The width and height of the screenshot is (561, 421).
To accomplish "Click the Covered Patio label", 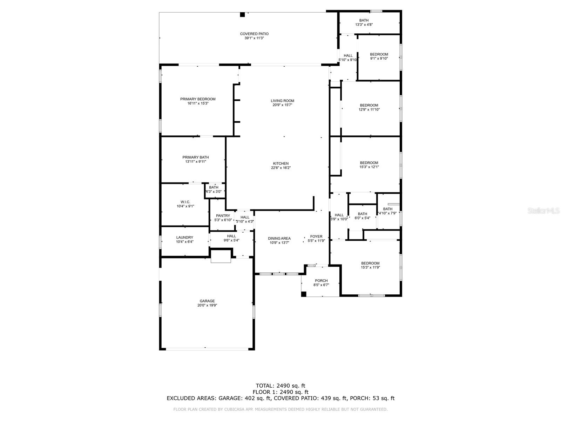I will tap(254, 34).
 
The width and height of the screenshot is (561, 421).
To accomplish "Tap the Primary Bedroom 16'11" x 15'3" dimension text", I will tap(198, 103).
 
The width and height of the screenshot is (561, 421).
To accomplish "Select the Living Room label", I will tap(282, 101).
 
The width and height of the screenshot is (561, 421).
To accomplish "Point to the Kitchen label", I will tap(281, 163).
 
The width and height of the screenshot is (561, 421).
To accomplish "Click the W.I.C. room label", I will tap(185, 202).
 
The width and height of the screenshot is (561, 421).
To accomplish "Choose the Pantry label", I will tap(223, 216).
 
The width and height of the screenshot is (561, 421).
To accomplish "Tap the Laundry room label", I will tap(184, 238).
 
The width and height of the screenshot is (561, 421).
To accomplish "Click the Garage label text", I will tap(207, 301).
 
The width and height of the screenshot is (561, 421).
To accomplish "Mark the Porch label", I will tap(321, 281).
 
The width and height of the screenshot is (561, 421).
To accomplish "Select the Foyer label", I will tap(316, 236).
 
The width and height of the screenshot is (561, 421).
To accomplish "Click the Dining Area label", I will tap(279, 238).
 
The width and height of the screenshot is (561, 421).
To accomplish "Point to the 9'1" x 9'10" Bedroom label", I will tap(379, 54).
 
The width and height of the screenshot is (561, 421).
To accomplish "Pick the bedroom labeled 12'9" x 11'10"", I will tap(369, 109).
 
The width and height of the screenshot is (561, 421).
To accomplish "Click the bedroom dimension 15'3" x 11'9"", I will tap(370, 268).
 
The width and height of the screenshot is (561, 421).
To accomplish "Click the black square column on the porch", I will tap(304, 294).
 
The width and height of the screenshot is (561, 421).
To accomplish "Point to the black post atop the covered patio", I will tap(242, 14).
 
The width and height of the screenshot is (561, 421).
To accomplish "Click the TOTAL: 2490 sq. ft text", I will tap(280, 386).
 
